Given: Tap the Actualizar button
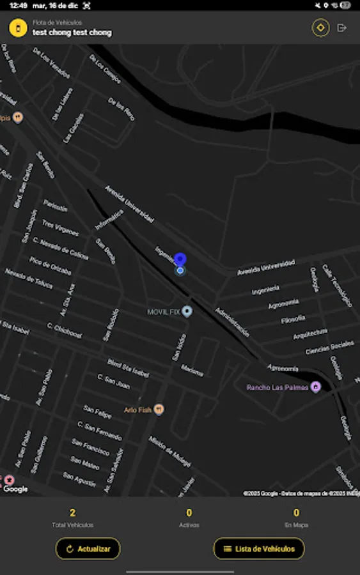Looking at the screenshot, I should tap(88, 548).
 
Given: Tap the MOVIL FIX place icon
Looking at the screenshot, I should tap(187, 311).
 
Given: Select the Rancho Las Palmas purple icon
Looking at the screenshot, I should tap(315, 387).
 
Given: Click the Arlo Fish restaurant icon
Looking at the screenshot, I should tap(159, 409).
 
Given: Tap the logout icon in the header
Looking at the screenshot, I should tap(341, 28).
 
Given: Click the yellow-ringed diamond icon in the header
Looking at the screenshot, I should tap(320, 28).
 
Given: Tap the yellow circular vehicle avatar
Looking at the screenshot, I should tap(18, 28).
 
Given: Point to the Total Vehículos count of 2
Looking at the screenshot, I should tap(72, 512).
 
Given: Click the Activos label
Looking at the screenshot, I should tap(189, 525).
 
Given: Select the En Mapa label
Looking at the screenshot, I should tap(296, 525).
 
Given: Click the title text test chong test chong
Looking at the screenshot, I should tap(72, 33).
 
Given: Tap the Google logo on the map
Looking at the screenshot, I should tap(15, 489).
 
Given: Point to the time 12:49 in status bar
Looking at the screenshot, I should tap(18, 5).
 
